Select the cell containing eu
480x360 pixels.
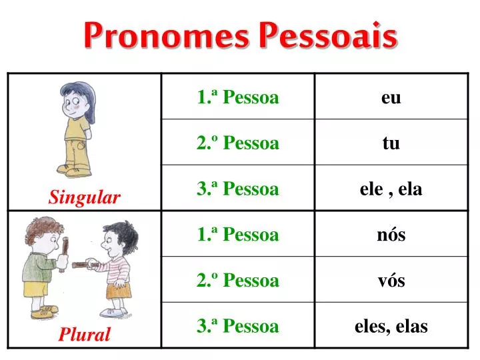(x=391, y=98)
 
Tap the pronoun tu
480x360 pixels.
(x=391, y=143)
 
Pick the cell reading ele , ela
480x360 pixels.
(x=391, y=189)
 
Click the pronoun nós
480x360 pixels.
(x=391, y=235)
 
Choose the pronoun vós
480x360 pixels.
(x=391, y=281)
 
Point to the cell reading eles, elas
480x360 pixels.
(x=391, y=327)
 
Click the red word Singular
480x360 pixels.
(x=84, y=197)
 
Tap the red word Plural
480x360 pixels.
(x=84, y=335)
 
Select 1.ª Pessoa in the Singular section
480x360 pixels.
(x=237, y=98)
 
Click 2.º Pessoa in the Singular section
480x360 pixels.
(x=237, y=143)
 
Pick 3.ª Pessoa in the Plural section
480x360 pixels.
(x=237, y=327)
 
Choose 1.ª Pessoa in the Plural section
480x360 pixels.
(x=237, y=235)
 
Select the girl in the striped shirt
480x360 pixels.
(x=118, y=267)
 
